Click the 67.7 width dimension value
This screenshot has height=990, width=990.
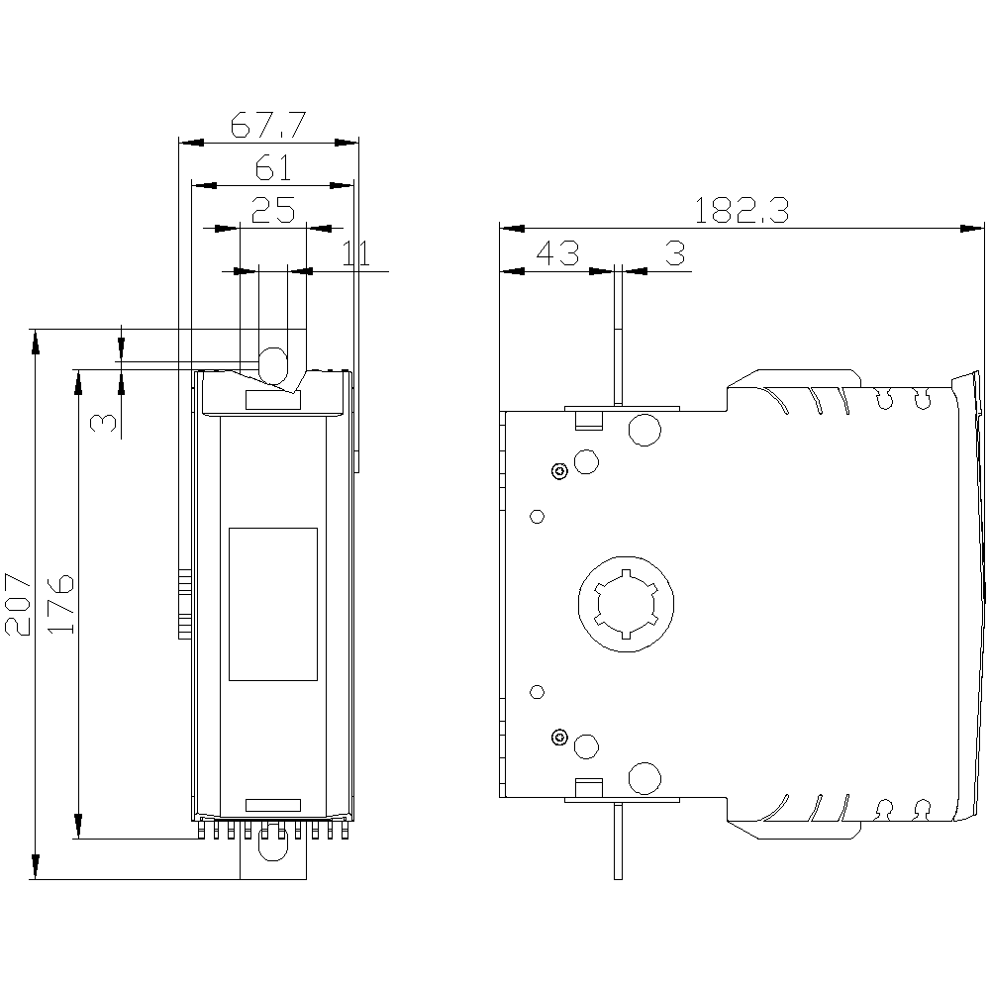point(267,126)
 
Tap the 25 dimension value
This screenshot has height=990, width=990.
point(272,210)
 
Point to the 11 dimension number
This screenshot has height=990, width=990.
point(355,253)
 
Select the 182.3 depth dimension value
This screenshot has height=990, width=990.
point(741,211)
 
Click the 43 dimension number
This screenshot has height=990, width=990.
point(556,253)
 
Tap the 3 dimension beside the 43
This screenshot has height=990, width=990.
point(674,253)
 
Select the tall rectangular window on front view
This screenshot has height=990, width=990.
point(273,604)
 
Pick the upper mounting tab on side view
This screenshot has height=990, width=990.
point(617,337)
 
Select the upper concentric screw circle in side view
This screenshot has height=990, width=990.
point(560,471)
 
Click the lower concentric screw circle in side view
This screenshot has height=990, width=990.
point(560,736)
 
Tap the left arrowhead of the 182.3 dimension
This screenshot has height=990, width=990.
point(508,229)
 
